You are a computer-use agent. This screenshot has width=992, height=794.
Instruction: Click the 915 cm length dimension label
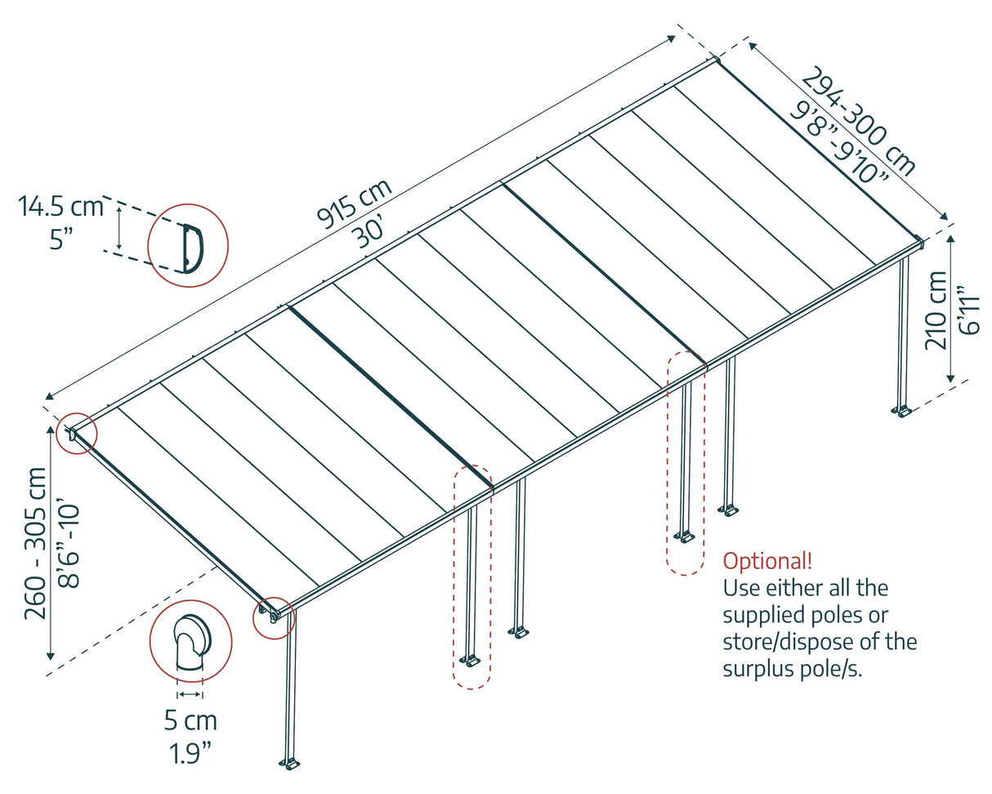point(355,203)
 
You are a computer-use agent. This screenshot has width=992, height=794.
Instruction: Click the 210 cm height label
point(936,310)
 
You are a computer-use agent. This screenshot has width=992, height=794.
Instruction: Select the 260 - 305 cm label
point(37,543)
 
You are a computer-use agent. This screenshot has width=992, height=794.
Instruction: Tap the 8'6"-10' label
point(69,543)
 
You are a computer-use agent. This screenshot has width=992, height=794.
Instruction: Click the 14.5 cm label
point(61,207)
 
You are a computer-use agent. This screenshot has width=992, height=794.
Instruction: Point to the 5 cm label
point(190,721)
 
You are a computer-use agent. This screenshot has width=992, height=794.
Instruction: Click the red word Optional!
point(767,561)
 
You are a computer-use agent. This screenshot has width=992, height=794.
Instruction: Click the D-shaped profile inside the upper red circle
point(192,246)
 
